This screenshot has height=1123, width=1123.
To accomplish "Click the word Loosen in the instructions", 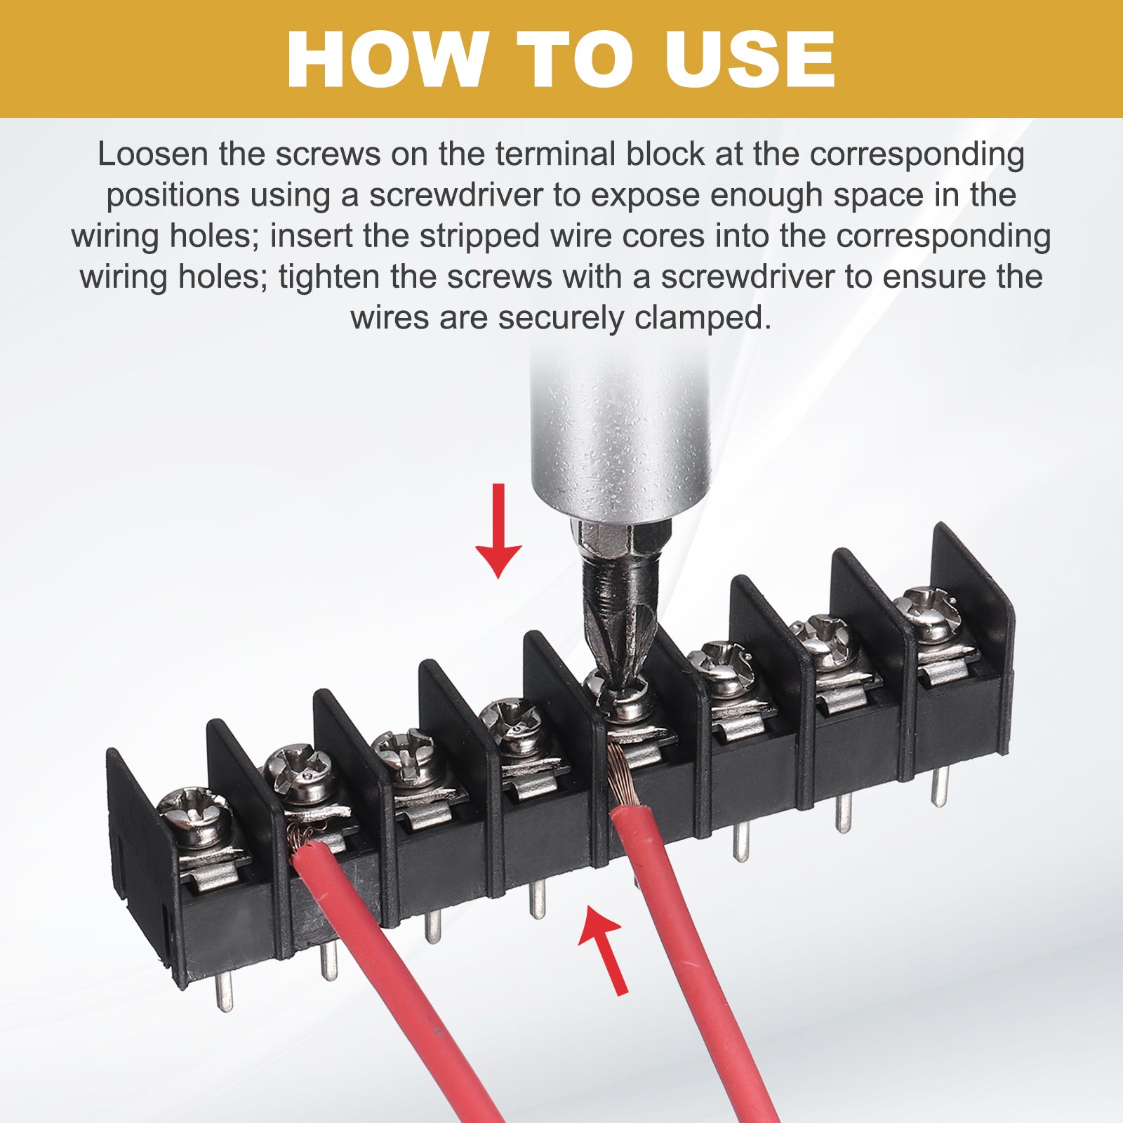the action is tap(152, 154).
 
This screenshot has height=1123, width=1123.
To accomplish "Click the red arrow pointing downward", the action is tap(498, 531).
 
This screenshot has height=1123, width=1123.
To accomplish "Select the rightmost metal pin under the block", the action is tap(941, 785).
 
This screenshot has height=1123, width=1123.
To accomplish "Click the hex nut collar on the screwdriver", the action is tap(620, 537).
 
